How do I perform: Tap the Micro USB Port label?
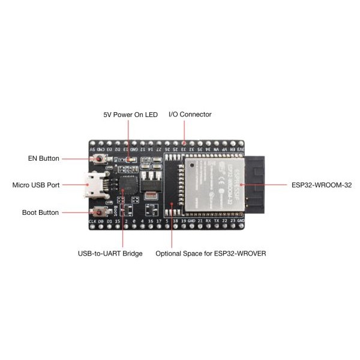(x=36, y=185)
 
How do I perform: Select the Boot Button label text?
(x=40, y=212)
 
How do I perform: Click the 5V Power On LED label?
(x=130, y=115)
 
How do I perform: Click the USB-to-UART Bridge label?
(x=110, y=254)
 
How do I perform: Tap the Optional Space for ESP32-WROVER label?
(x=210, y=254)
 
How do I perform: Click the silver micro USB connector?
(x=95, y=185)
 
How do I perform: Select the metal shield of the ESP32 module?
(x=213, y=183)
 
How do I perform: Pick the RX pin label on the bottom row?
(x=208, y=221)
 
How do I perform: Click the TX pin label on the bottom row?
(x=217, y=221)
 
